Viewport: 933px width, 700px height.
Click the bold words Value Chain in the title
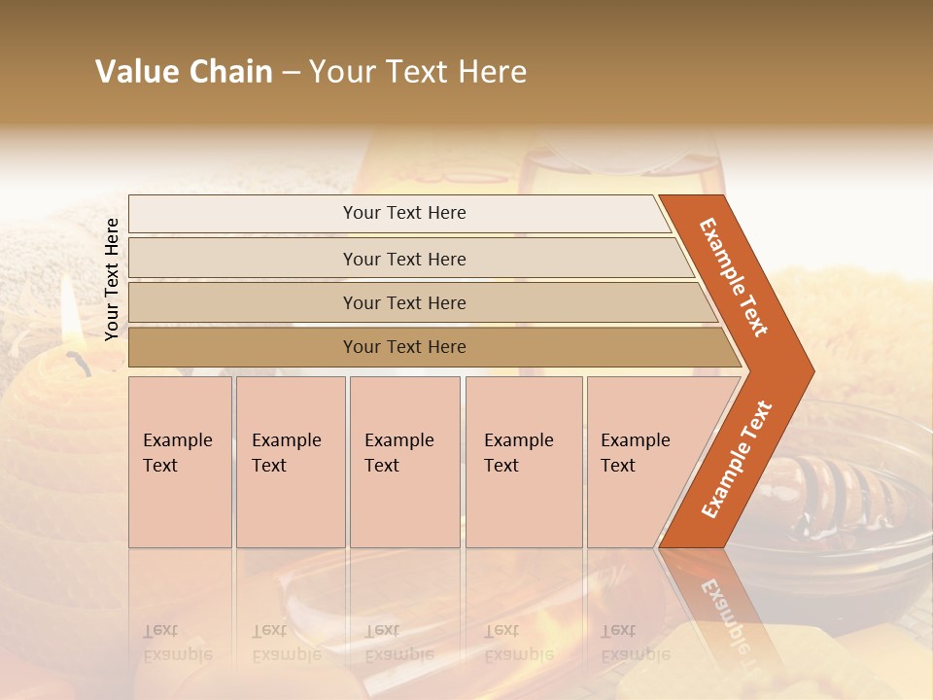tap(184, 72)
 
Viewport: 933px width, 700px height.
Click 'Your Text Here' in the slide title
tap(418, 72)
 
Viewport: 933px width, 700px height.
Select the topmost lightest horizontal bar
tap(403, 213)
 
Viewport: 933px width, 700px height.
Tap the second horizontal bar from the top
tap(403, 259)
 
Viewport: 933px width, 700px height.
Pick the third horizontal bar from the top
tap(403, 302)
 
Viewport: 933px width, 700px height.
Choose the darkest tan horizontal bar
tap(403, 347)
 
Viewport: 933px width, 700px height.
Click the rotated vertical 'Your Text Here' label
tap(112, 279)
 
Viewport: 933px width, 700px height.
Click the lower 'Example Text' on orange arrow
tap(737, 460)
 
